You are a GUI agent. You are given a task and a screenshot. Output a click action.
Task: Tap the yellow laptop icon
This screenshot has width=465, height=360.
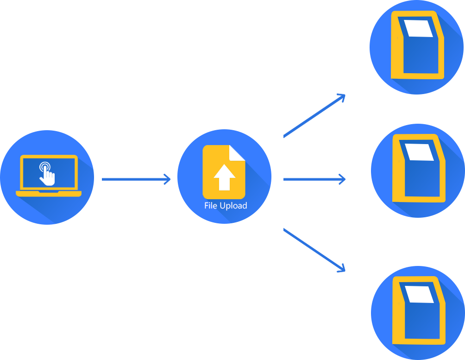tap(49, 176)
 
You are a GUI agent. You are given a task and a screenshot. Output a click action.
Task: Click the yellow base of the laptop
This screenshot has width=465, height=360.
tap(49, 194)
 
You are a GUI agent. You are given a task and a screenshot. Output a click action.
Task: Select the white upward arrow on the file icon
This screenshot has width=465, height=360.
tap(224, 177)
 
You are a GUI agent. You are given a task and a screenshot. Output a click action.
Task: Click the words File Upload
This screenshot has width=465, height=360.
tap(226, 206)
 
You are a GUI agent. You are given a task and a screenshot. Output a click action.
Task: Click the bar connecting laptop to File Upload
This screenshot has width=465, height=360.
tap(136, 179)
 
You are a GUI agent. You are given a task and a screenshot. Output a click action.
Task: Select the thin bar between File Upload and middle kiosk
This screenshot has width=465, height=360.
tap(314, 179)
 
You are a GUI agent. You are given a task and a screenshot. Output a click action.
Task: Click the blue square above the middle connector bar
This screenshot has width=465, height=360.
tap(314, 116)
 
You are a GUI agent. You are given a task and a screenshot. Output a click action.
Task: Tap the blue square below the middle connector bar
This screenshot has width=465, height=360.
tap(314, 250)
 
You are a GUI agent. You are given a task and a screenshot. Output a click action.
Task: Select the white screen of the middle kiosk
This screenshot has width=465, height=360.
tap(420, 152)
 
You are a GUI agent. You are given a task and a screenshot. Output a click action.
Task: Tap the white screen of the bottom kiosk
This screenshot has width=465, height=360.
tap(420, 294)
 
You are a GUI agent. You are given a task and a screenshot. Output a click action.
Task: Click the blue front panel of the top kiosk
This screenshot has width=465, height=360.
tap(421, 55)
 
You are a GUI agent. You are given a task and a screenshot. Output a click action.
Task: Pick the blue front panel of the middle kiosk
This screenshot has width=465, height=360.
tap(421, 178)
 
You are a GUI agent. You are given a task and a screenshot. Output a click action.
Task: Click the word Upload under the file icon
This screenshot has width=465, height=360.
tap(233, 206)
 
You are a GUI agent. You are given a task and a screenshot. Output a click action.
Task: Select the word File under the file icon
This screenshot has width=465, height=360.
tap(210, 206)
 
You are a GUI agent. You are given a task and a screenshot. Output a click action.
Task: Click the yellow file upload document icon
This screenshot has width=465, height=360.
tap(224, 172)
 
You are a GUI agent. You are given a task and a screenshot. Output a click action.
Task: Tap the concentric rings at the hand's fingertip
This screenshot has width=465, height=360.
tap(44, 166)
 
